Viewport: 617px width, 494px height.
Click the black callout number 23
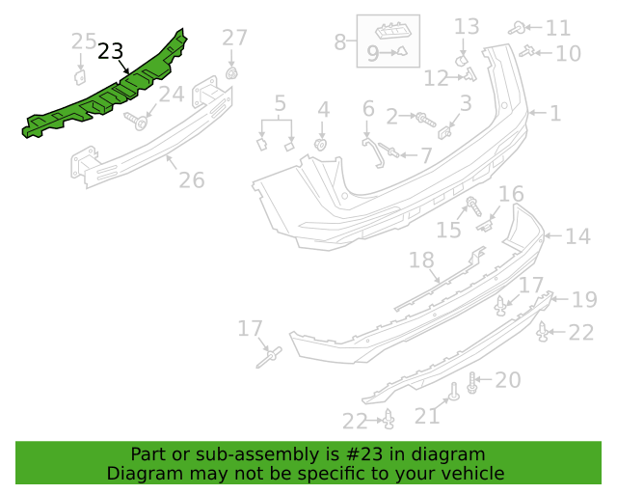110,51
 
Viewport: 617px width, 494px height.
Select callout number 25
84,41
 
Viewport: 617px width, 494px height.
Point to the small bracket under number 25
80,77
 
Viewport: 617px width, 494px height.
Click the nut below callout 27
232,73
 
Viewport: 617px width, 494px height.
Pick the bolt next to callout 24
137,121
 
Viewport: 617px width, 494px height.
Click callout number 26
192,180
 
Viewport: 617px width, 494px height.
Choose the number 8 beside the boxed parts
340,42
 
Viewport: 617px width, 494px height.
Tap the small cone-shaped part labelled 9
402,51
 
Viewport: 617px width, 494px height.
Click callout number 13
467,27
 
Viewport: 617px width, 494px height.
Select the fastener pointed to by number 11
517,28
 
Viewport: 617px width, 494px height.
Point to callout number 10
568,53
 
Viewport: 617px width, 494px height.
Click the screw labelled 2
425,120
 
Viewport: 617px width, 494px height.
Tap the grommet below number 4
321,145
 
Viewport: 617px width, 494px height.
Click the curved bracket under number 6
373,151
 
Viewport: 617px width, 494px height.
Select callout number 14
578,236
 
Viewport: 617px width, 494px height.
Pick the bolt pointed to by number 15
473,206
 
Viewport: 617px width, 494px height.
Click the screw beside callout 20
472,383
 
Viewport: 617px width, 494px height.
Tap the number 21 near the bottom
427,416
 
